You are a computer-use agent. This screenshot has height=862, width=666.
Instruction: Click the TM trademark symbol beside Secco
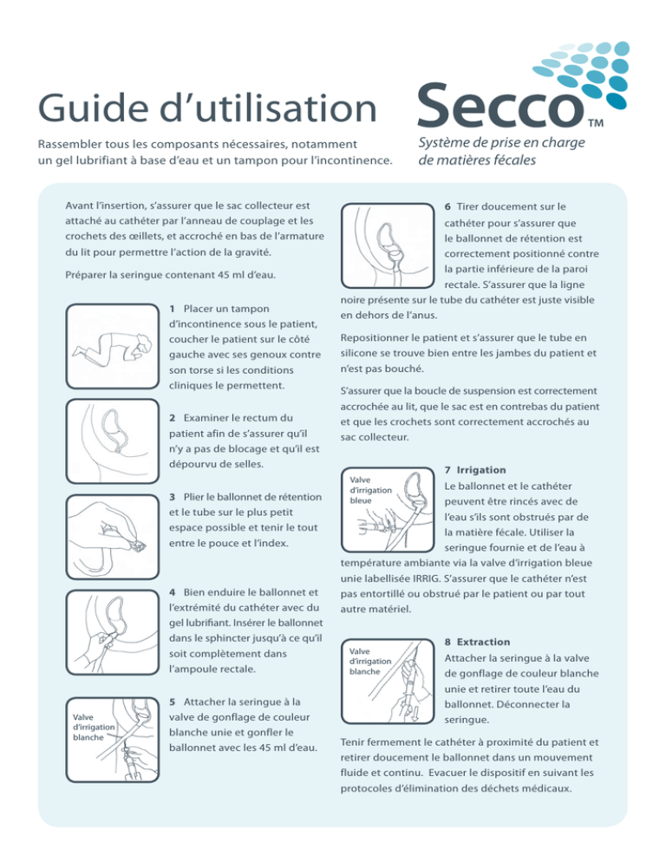coord(595,123)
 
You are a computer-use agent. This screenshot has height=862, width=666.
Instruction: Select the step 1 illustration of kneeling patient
coord(112,346)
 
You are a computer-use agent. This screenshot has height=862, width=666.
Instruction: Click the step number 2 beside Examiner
coord(173,418)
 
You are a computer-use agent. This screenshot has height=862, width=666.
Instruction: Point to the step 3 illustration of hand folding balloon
coord(112,537)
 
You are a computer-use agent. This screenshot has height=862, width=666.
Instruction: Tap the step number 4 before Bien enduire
coord(173,592)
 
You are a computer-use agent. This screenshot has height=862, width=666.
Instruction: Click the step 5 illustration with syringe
coord(112,740)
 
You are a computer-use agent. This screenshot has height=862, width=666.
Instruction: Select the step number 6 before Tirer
coord(447,206)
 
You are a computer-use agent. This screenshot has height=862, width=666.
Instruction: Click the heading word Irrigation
coord(481,470)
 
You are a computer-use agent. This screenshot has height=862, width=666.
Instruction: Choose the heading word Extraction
coord(483,642)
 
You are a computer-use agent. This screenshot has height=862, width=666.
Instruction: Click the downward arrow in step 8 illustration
coord(415,714)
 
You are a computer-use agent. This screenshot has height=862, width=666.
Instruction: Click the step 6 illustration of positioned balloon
coord(388,245)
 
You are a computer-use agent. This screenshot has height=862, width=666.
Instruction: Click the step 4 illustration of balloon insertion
coord(112,632)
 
